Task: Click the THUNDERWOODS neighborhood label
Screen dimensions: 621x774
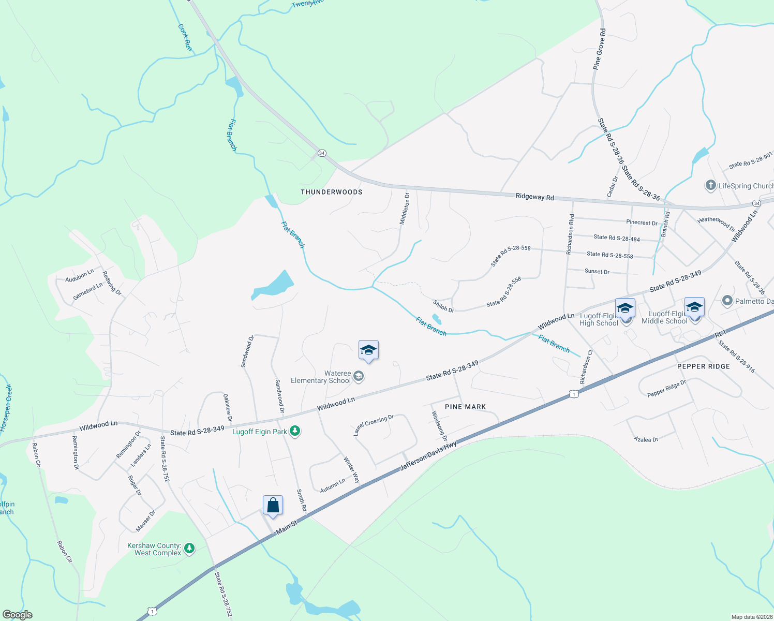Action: point(332,192)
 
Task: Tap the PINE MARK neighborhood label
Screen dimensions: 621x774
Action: point(466,407)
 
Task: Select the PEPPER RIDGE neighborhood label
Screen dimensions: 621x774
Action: point(704,366)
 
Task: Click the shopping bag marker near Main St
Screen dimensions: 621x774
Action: point(273,506)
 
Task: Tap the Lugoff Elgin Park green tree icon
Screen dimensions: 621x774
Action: point(295,432)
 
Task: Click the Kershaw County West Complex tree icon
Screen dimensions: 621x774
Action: point(189,549)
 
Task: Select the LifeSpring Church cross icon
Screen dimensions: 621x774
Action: point(711,185)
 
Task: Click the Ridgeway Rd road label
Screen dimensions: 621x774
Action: point(534,197)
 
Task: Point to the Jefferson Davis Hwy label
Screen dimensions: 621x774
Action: point(428,456)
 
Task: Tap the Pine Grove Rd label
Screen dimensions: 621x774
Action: point(599,50)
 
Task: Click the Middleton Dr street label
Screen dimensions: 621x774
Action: point(404,209)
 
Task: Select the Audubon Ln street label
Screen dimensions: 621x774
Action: point(80,275)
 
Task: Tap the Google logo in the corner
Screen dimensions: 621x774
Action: point(18,615)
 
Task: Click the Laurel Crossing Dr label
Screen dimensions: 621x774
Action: point(374,425)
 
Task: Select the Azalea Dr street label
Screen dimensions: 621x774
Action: point(646,439)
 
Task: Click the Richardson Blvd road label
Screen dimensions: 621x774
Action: point(570,234)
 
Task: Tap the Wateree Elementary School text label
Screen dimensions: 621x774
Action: point(321,377)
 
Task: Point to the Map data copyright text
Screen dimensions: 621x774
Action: point(751,617)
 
